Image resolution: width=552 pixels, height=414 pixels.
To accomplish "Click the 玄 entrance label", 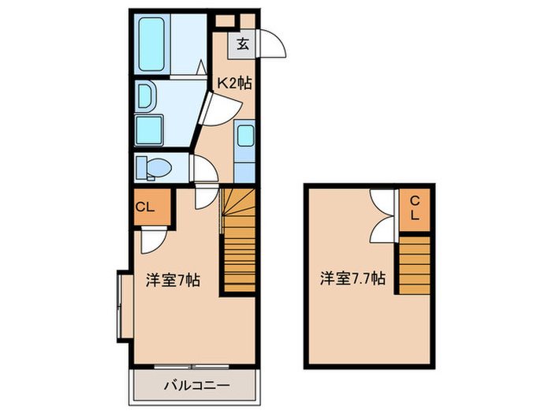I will (243, 45).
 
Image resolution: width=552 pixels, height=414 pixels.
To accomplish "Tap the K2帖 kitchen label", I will (234, 82).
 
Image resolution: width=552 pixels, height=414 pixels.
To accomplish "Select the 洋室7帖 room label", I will (171, 279).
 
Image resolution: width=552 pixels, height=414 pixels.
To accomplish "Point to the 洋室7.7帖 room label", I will (352, 278).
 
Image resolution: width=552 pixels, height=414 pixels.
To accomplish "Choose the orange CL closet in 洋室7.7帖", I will (414, 209).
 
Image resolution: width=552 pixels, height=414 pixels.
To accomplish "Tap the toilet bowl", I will (154, 167).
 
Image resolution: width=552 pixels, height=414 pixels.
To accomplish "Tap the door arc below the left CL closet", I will (153, 237).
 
